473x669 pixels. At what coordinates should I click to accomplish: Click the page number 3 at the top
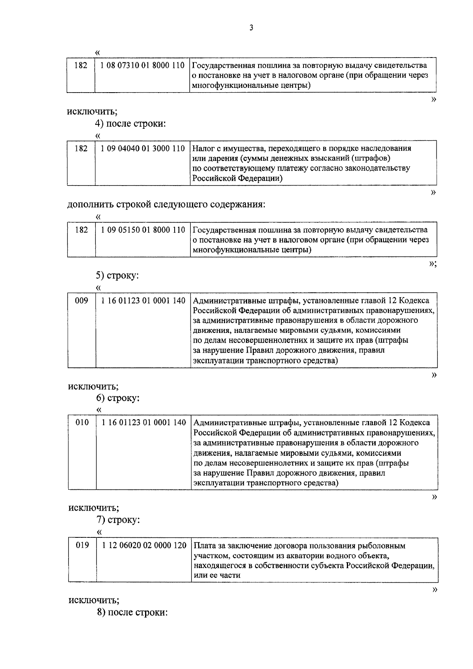(x=251, y=28)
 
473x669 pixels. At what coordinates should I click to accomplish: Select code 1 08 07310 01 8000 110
(x=142, y=65)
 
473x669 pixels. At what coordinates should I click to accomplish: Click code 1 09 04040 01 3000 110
(x=143, y=149)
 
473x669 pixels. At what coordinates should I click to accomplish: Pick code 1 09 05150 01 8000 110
(x=143, y=230)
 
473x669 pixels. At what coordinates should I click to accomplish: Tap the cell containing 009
(x=82, y=301)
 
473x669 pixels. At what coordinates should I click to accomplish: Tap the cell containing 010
(x=82, y=423)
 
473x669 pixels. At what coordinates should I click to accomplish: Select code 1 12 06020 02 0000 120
(x=144, y=546)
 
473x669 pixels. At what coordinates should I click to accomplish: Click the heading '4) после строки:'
(x=130, y=123)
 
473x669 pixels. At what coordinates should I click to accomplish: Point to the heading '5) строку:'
(x=117, y=275)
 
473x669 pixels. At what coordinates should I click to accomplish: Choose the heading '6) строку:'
(x=117, y=398)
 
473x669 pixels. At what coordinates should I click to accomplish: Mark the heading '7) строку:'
(x=118, y=520)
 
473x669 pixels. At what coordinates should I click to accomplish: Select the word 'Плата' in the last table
(x=204, y=546)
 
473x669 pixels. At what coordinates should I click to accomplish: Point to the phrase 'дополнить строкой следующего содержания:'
(x=166, y=204)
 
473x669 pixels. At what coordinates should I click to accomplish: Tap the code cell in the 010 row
(x=144, y=423)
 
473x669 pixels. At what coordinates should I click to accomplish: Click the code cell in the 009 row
(x=143, y=301)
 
